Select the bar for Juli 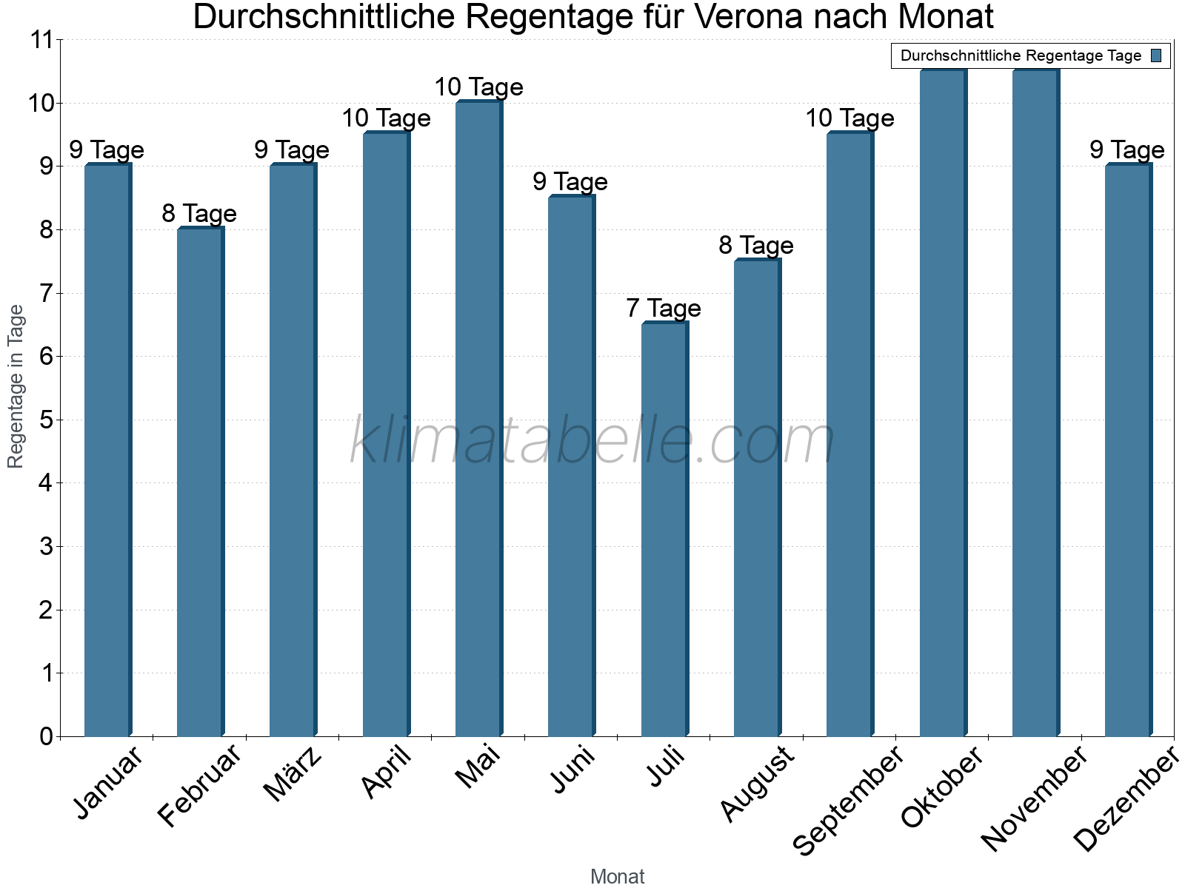click(664, 529)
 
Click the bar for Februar click(199, 482)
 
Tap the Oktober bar click(942, 403)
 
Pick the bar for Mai click(478, 419)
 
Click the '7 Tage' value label click(664, 308)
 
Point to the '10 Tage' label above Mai click(478, 87)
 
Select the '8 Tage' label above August click(756, 245)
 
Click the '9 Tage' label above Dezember click(1127, 150)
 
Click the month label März click(294, 773)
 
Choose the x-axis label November click(1034, 798)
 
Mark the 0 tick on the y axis click(46, 736)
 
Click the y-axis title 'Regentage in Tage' click(16, 386)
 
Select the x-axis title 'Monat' click(617, 876)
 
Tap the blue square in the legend click(1157, 55)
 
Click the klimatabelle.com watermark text click(592, 442)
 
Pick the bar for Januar click(107, 450)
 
